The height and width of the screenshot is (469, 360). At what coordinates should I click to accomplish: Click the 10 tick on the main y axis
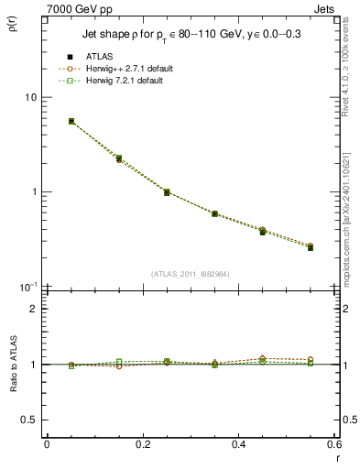tap(29, 97)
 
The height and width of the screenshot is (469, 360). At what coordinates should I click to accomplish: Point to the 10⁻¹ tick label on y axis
tap(28, 286)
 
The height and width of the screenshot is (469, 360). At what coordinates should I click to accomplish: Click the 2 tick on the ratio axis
tap(33, 309)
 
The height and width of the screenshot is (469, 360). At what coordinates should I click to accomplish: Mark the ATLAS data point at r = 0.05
tap(71, 121)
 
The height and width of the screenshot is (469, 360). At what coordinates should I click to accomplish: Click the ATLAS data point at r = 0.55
tap(311, 247)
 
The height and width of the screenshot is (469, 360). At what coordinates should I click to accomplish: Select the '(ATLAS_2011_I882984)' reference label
tap(191, 274)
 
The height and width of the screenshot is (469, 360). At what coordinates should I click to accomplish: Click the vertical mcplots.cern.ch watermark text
tap(350, 211)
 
